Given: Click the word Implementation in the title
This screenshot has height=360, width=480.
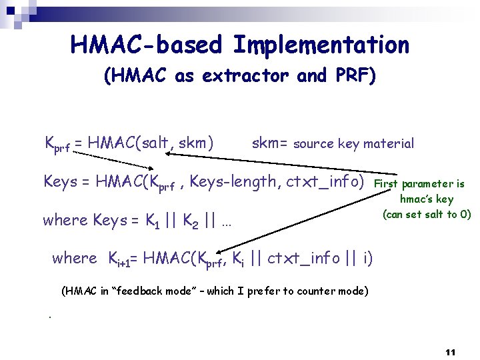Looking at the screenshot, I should [321, 45].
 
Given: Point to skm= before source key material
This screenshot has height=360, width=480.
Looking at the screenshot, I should [271, 143].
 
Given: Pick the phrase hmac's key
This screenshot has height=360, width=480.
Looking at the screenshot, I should [427, 199].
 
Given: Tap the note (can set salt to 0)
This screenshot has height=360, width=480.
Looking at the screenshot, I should [427, 214].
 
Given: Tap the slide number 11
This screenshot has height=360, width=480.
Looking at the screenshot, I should [450, 351].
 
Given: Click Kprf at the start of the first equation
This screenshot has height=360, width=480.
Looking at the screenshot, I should [57, 144].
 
